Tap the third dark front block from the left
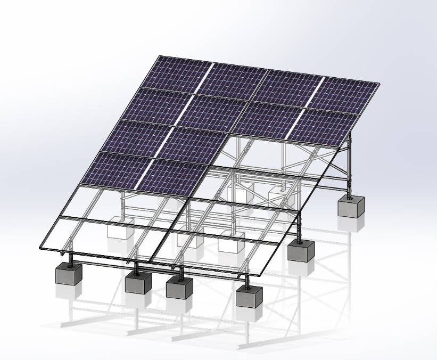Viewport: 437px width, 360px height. [x=179, y=287]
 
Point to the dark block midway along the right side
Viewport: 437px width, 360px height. [x=301, y=250]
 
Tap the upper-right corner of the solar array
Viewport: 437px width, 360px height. [x=380, y=84]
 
